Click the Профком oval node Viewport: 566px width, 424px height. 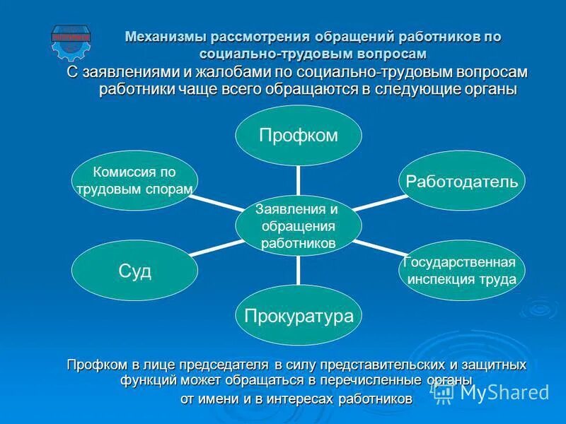pyautogui.click(x=298, y=136)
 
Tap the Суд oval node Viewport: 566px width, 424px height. pyautogui.click(x=134, y=271)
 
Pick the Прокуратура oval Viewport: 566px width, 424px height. pyautogui.click(x=298, y=315)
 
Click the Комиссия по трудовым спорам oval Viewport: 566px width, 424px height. pyautogui.click(x=134, y=181)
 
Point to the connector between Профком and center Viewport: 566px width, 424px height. pyautogui.click(x=298, y=180)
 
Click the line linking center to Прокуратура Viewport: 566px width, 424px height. pyautogui.click(x=298, y=270)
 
